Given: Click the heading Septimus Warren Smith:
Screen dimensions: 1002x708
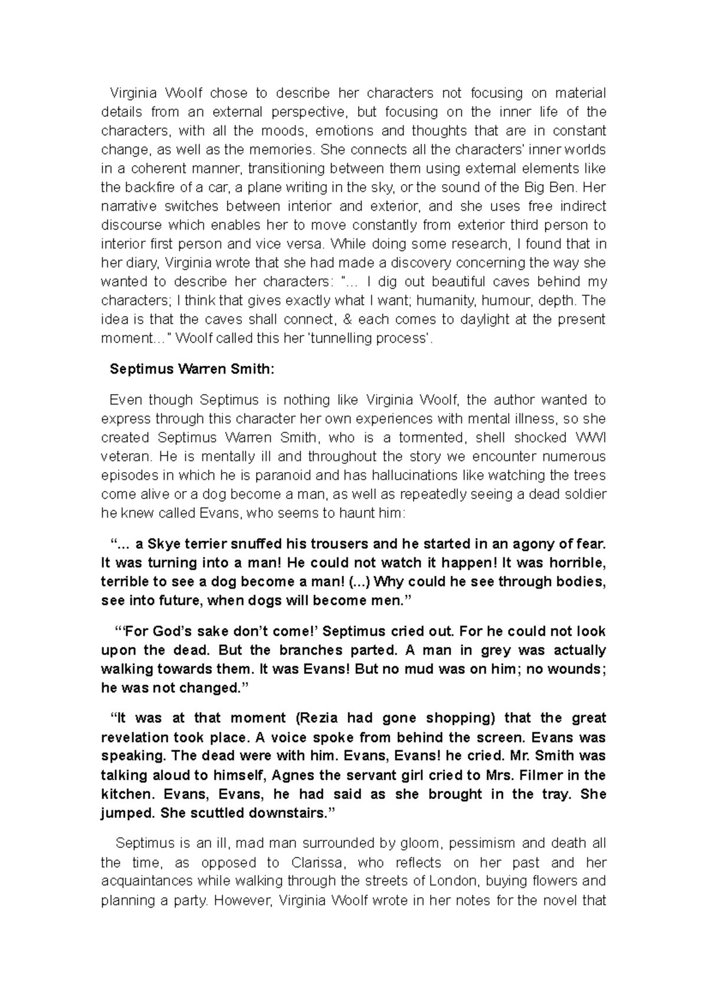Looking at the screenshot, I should pos(192,369).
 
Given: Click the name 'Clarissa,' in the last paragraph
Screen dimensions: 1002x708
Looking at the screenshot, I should pos(318,863).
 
